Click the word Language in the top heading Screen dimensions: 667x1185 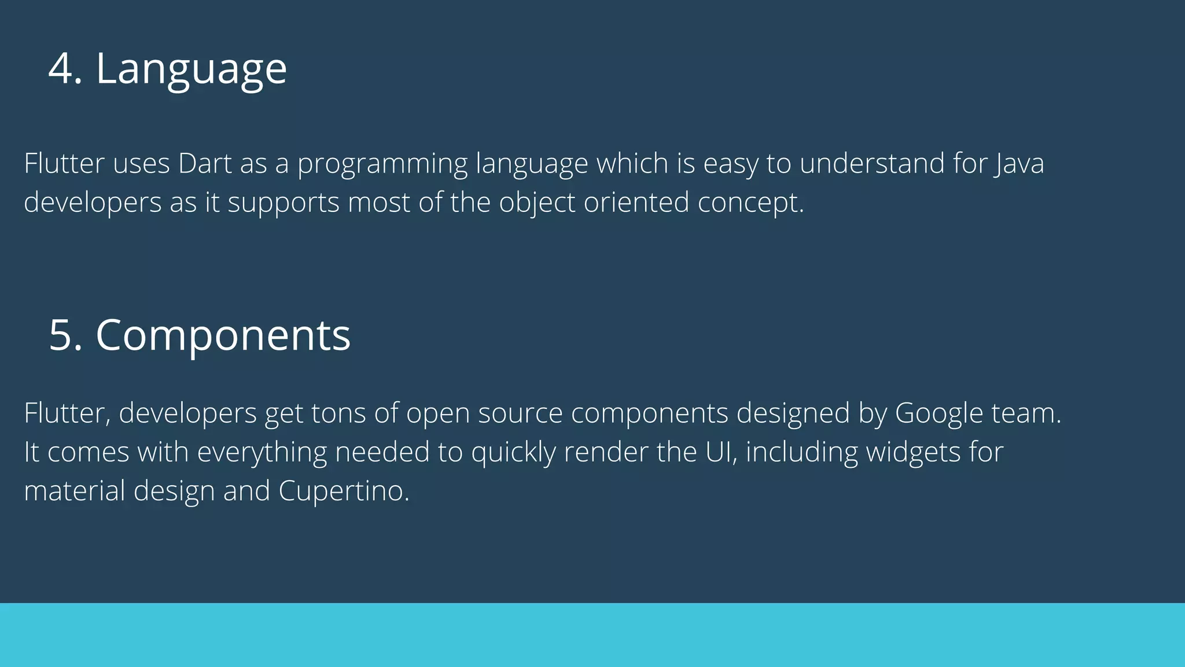pos(191,69)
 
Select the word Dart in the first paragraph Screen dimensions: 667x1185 pos(205,163)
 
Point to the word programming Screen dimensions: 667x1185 pos(382,164)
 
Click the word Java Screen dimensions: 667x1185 pos(1020,164)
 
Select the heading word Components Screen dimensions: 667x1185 pos(223,336)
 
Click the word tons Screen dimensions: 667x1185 pos(338,413)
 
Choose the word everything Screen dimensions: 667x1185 pos(262,453)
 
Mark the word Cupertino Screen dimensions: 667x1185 pos(344,492)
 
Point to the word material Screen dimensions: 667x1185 pos(75,491)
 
